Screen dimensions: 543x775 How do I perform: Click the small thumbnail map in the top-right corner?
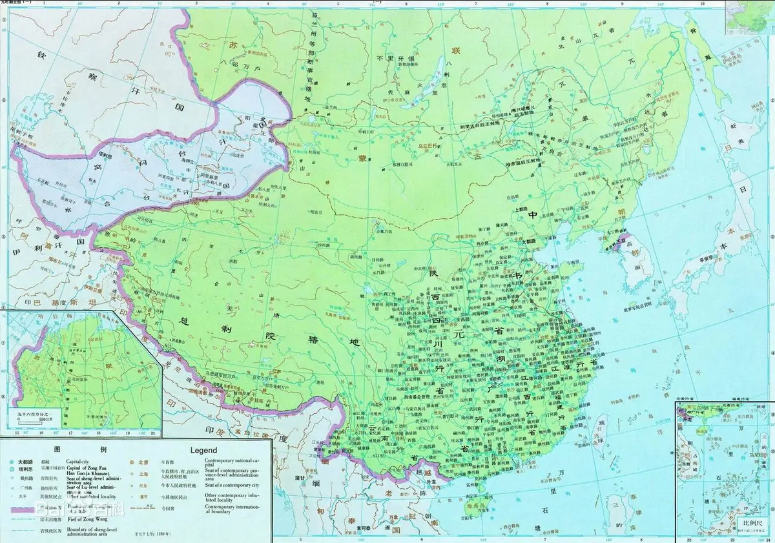[x=749, y=16]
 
